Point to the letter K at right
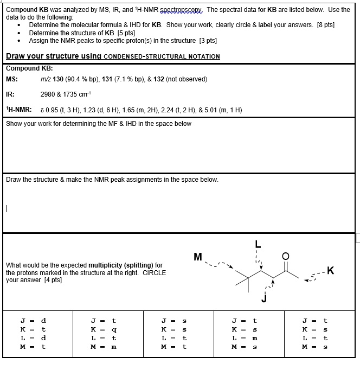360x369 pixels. coord(331,271)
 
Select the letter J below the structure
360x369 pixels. coord(264,298)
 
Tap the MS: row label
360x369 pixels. coord(12,79)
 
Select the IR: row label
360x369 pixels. coord(10,94)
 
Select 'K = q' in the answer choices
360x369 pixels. coord(104,329)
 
